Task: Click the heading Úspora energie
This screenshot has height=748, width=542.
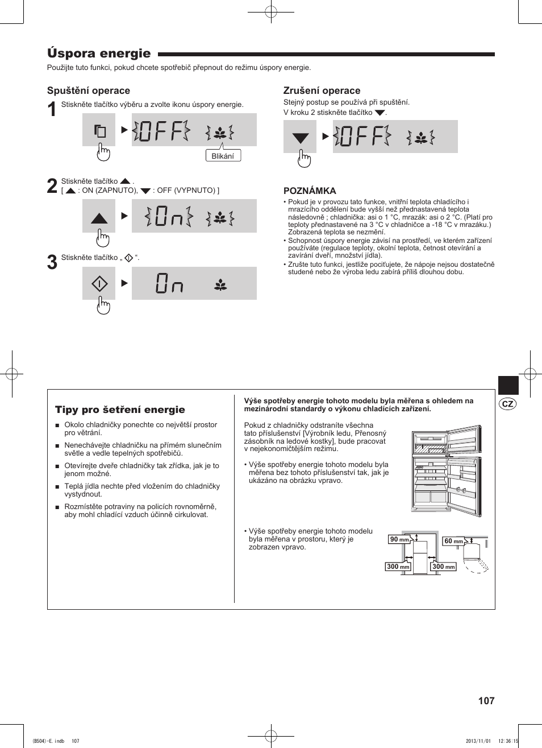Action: point(99,54)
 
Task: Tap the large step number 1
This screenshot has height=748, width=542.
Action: point(52,109)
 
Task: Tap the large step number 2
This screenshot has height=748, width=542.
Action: point(52,186)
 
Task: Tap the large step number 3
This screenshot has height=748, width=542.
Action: point(52,262)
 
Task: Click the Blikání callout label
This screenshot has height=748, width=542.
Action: point(223,156)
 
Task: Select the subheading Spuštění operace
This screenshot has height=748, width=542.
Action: point(88,90)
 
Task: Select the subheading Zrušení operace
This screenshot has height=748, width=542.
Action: point(322,90)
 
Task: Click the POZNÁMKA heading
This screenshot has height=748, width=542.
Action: point(310,191)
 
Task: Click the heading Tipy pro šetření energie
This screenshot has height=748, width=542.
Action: point(120,410)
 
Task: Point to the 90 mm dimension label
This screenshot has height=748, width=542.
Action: point(399,539)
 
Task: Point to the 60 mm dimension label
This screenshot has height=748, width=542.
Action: point(453,541)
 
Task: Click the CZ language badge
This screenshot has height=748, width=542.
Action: point(507,403)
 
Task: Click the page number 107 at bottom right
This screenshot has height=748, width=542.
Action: point(486,700)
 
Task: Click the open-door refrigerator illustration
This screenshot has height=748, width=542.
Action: point(447,472)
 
